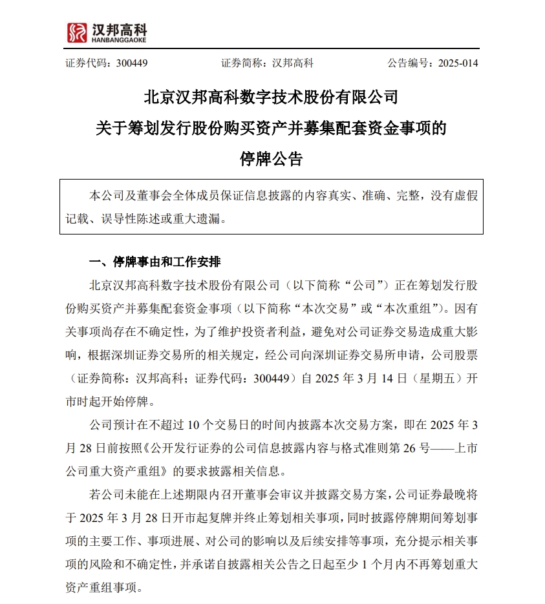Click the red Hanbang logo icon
77,32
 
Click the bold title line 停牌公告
272,159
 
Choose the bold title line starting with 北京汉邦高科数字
272,98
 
